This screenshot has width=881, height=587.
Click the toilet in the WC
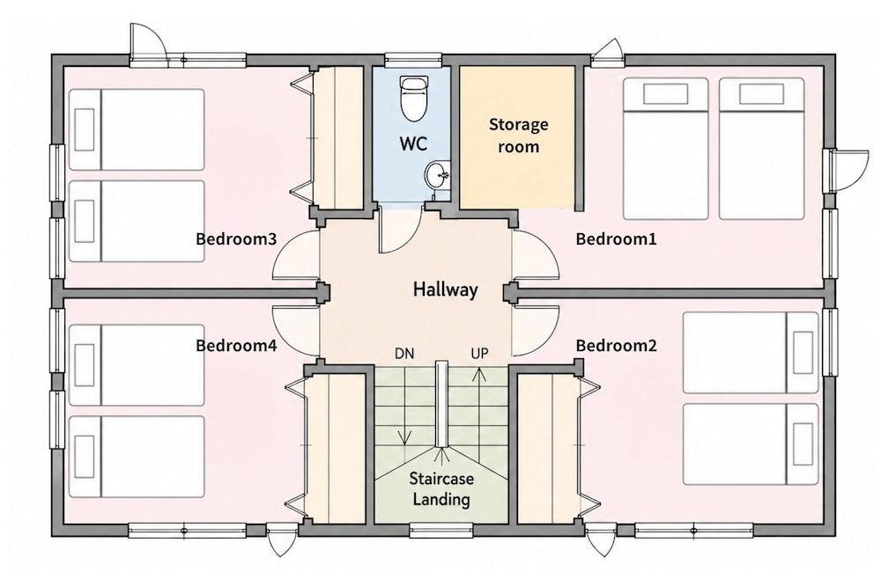coord(413,98)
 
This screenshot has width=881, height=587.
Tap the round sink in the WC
coord(437,175)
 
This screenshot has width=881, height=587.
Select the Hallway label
coord(446,290)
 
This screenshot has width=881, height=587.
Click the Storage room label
coord(518,136)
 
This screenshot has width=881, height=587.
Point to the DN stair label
coord(404,354)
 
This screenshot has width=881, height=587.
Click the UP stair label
coord(479,354)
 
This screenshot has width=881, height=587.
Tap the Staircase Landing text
coord(441,488)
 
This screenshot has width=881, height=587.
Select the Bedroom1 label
coord(617,239)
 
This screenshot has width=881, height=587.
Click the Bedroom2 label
coord(617,345)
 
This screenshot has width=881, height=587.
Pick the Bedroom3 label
coord(236,239)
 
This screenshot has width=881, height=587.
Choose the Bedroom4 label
coord(236,345)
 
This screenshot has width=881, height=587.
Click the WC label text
coord(413,143)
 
